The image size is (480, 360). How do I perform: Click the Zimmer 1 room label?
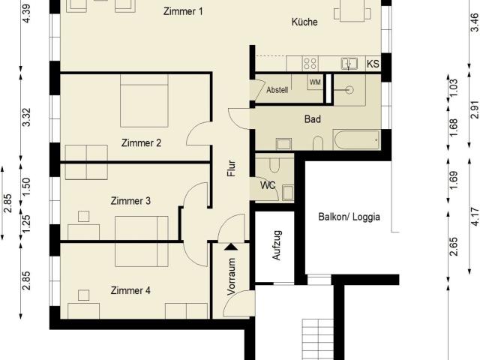tap(183, 12)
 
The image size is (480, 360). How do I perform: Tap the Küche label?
tap(304, 22)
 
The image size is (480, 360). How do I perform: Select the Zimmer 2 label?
tap(141, 143)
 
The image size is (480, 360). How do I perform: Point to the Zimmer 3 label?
tap(130, 201)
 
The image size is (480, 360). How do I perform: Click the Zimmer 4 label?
tap(130, 290)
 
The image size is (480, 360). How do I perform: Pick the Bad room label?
tap(313, 118)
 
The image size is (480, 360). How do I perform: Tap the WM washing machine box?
tap(315, 82)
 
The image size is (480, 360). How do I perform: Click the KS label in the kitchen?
tap(373, 64)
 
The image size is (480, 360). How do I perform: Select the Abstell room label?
tap(277, 90)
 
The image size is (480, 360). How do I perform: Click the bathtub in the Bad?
tap(357, 140)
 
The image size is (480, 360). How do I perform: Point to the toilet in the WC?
tap(274, 165)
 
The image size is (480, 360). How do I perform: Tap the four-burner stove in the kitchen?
tap(310, 63)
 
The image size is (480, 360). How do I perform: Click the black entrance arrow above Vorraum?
tap(231, 247)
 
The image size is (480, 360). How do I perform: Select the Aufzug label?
tap(277, 245)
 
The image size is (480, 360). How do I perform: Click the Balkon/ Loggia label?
tap(349, 217)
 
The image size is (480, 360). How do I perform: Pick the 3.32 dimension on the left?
tap(27, 117)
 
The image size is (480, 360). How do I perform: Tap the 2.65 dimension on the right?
tap(453, 247)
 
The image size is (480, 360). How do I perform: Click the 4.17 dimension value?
tap(474, 217)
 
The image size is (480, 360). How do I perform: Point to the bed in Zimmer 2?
tap(144, 100)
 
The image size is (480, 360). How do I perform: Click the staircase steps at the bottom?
tap(318, 339)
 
